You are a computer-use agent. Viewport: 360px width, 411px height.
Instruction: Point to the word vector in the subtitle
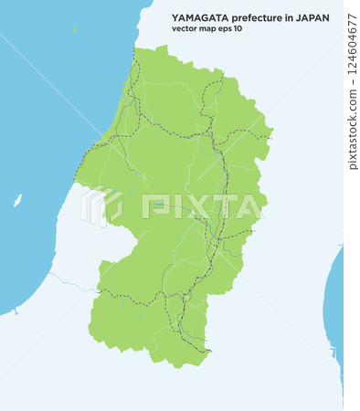tap(185, 28)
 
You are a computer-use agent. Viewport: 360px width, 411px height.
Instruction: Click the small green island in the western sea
tap(17, 200)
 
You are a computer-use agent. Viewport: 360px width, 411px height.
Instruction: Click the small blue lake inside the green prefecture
tap(157, 203)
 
